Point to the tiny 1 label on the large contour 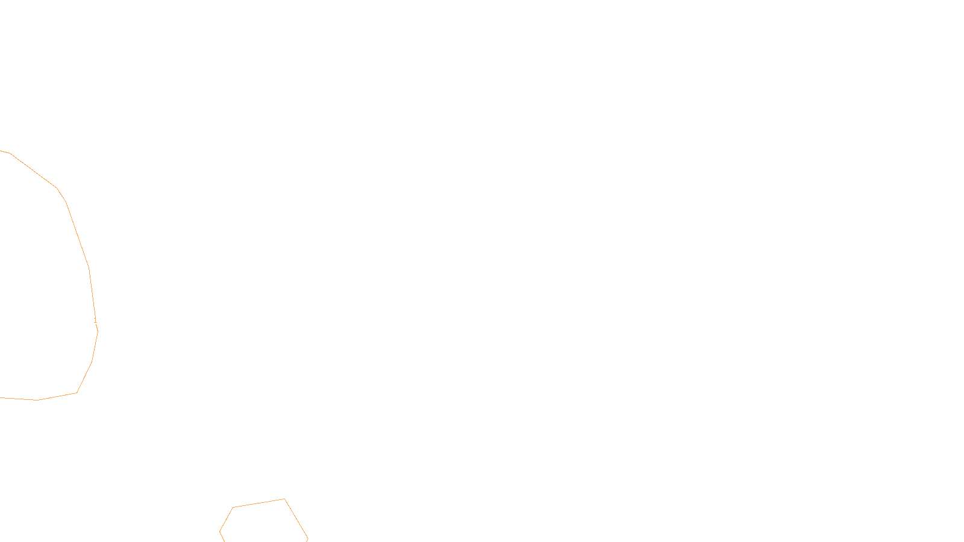[95, 320]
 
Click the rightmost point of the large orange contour [98, 331]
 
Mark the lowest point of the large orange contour [37, 400]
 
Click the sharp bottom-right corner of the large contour [77, 393]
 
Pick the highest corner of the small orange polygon [284, 499]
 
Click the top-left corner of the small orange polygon [233, 508]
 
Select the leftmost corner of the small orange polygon [220, 531]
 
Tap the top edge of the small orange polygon [259, 503]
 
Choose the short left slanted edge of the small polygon [227, 519]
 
